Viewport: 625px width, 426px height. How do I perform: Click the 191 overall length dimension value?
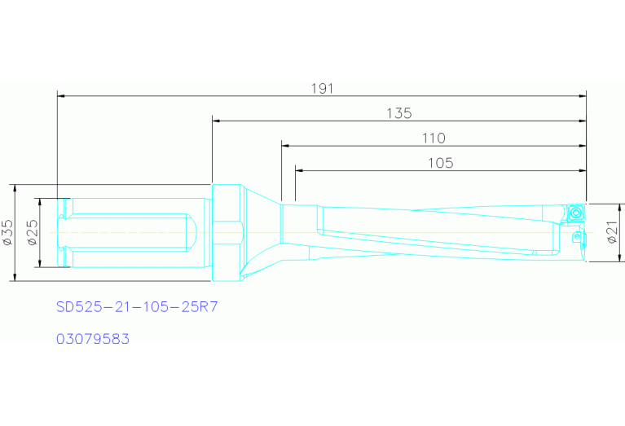coord(324,88)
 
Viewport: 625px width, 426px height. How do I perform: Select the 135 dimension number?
coord(398,113)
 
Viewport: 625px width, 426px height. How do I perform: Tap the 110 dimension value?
coord(434,138)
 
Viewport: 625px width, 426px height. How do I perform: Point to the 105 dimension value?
coord(440,163)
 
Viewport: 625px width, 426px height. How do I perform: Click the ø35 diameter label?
coord(7,232)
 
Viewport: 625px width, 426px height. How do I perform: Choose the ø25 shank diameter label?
coord(32,232)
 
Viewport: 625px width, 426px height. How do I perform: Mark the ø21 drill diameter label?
coord(612,232)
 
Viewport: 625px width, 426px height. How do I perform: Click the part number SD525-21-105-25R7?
coord(137,307)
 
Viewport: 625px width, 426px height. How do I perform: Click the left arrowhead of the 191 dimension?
coord(61,95)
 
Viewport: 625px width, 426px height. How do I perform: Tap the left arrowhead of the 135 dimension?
coord(216,121)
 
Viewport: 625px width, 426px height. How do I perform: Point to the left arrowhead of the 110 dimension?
coord(285,146)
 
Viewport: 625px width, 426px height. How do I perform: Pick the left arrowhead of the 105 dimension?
coord(299,171)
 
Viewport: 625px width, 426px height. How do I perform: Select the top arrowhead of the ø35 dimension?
coord(15,188)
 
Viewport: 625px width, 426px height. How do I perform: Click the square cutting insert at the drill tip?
coord(574,213)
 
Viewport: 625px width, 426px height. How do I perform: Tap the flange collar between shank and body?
coord(227,232)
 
